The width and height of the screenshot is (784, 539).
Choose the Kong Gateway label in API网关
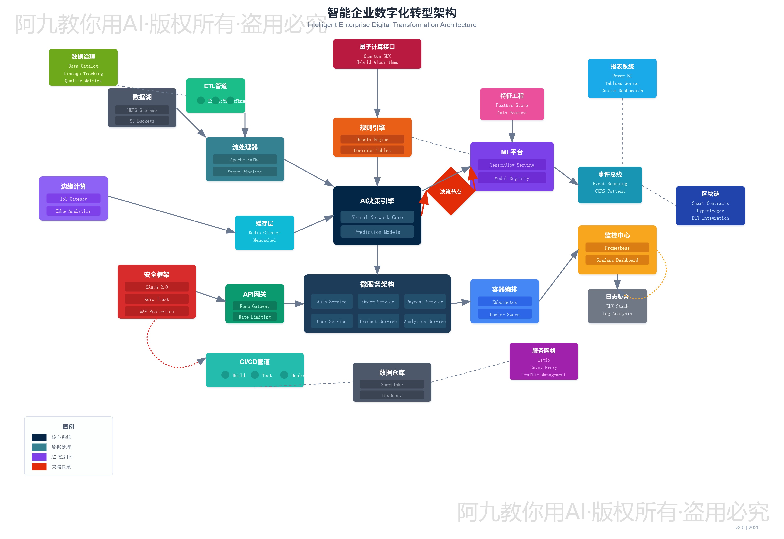coord(255,306)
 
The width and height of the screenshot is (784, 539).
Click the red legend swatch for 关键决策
coord(39,466)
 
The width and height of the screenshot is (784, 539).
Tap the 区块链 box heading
coord(710,194)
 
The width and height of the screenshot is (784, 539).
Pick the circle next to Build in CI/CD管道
coord(225,375)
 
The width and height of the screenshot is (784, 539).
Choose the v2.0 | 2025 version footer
coord(747,527)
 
